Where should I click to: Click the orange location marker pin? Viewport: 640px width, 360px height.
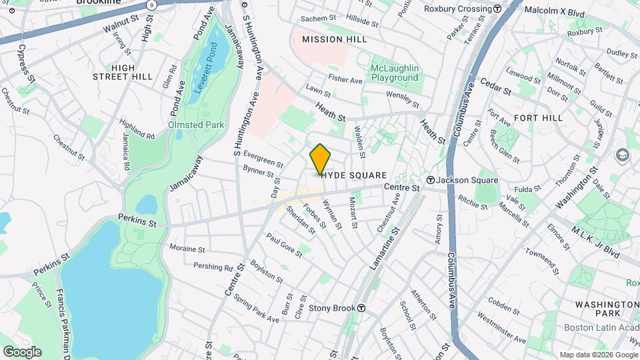click(x=320, y=159)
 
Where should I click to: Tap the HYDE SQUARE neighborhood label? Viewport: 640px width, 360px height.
click(x=354, y=175)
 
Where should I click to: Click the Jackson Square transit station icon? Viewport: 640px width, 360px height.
click(x=431, y=181)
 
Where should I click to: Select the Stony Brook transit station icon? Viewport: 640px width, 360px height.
click(x=361, y=309)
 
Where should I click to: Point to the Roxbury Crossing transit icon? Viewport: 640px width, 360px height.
click(x=497, y=9)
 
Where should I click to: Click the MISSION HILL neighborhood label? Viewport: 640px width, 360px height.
click(x=334, y=40)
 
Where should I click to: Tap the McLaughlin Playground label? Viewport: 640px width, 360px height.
click(x=395, y=73)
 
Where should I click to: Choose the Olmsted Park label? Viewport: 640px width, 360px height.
click(x=196, y=125)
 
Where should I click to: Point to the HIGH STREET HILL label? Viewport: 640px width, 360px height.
click(x=123, y=72)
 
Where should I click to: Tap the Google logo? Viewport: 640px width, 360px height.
click(x=21, y=352)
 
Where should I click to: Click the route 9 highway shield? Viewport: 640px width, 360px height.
click(x=153, y=5)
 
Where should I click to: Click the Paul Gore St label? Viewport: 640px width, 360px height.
click(x=284, y=244)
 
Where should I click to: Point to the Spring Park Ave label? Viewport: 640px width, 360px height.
click(x=257, y=310)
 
